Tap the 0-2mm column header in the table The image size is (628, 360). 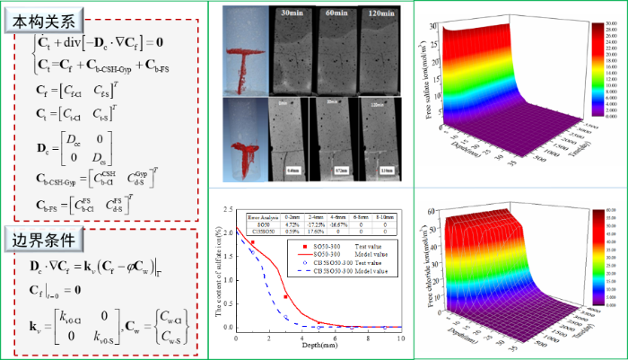pyautogui.click(x=292, y=216)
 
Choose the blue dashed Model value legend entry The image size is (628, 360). pyautogui.click(x=341, y=269)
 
